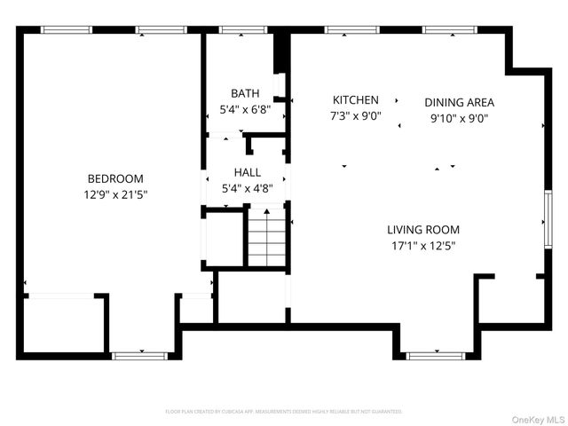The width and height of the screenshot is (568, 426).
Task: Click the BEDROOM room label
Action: (x=114, y=178)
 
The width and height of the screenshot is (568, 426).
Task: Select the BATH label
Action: (x=245, y=93)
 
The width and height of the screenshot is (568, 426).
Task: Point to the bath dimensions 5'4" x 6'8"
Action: (x=245, y=110)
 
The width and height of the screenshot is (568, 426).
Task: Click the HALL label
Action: (x=248, y=171)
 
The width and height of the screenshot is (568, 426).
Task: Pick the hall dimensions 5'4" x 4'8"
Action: (x=248, y=187)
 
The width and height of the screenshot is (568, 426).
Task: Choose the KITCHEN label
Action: (x=356, y=100)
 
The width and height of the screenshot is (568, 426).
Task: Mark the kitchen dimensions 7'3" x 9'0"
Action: (x=356, y=115)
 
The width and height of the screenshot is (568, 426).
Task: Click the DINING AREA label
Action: (x=459, y=102)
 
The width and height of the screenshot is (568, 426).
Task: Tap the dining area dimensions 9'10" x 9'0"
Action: (x=459, y=117)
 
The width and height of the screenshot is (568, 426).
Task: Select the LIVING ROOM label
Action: (x=422, y=228)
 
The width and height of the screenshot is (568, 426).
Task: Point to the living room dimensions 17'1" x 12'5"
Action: (x=422, y=245)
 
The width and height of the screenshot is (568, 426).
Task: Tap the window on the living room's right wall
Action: (x=548, y=218)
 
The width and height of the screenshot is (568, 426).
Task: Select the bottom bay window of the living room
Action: (x=435, y=356)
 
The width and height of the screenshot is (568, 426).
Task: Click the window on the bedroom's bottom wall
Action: (x=139, y=356)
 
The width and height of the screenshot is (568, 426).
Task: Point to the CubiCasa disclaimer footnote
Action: (x=284, y=412)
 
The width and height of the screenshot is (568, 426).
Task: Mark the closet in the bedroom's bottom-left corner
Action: (x=62, y=325)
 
